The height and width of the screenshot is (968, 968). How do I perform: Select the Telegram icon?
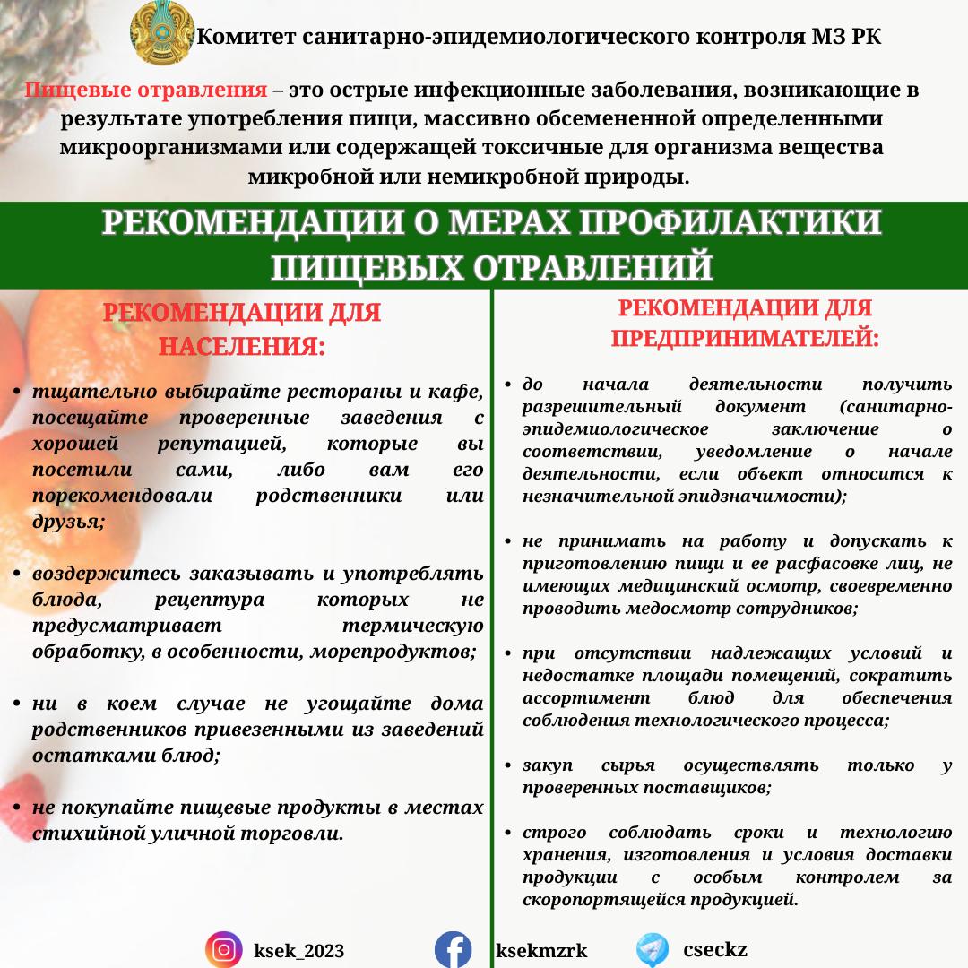tap(653, 949)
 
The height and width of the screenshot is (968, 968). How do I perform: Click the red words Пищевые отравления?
tap(146, 91)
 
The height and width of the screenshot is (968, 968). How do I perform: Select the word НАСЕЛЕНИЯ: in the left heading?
tap(242, 346)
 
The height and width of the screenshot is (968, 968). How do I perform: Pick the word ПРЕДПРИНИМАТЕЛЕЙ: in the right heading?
tap(745, 339)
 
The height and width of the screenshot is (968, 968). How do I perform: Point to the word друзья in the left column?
tap(66, 522)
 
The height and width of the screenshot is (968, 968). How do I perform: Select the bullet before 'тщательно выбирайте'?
tap(18, 393)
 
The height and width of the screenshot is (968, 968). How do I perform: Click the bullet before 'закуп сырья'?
tap(508, 766)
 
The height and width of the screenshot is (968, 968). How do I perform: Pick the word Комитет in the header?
tap(237, 37)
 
